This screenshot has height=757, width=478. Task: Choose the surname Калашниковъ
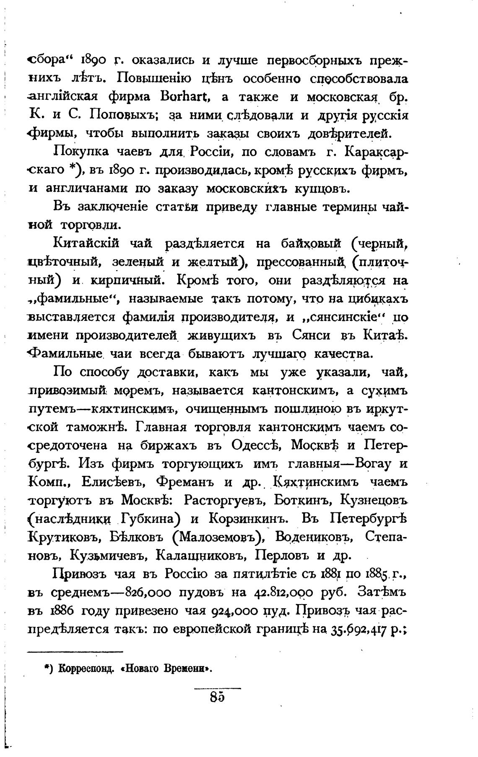[x=200, y=555]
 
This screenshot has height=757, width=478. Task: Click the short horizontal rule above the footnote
[x=75, y=651]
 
